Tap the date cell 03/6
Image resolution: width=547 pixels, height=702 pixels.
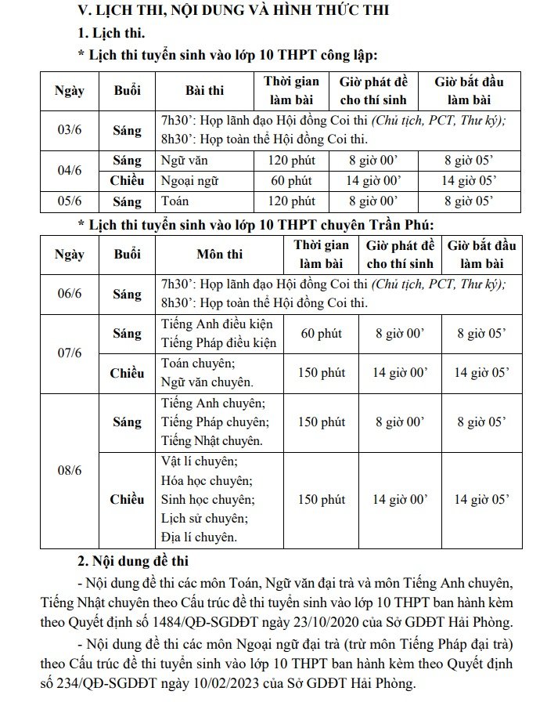(70, 129)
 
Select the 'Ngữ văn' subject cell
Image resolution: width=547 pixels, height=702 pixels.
(182, 161)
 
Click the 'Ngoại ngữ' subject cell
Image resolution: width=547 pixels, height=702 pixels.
(187, 181)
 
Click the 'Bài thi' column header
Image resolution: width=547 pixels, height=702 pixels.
(204, 91)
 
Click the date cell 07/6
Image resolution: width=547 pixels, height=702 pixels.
(70, 353)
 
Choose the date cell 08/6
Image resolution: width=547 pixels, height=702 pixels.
(70, 470)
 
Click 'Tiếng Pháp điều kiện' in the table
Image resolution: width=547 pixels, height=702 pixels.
(219, 343)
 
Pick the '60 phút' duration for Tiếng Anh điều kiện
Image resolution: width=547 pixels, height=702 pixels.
(321, 334)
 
